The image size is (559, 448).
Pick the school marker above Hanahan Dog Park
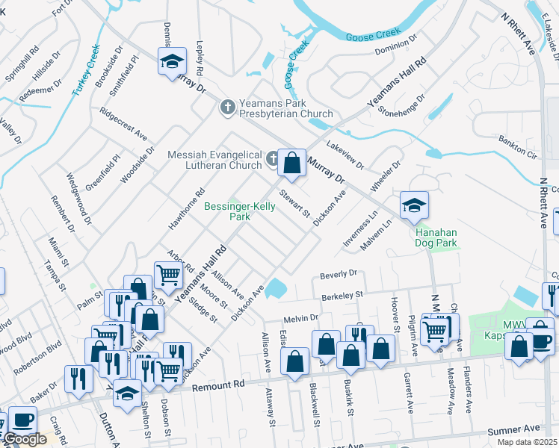coord(413,207)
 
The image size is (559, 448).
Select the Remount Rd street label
coord(219,386)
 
